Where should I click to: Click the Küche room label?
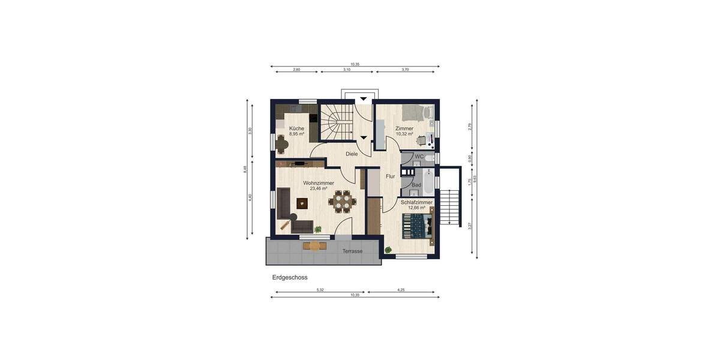click(x=296, y=128)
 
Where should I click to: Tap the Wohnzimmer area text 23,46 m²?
click(x=319, y=188)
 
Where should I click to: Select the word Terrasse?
click(x=352, y=251)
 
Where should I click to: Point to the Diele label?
click(x=352, y=154)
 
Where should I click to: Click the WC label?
click(x=419, y=157)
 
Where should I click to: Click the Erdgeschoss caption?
click(x=290, y=278)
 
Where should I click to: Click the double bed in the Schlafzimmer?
click(x=416, y=226)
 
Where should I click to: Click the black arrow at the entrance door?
click(x=364, y=100)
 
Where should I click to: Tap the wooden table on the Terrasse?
click(x=314, y=245)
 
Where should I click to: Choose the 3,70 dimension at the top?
click(x=405, y=70)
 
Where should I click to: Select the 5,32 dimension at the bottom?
click(x=320, y=290)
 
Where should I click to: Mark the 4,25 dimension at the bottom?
click(x=401, y=290)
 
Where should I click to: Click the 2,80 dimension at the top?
click(x=296, y=70)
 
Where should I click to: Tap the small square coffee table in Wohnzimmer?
click(x=302, y=203)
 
